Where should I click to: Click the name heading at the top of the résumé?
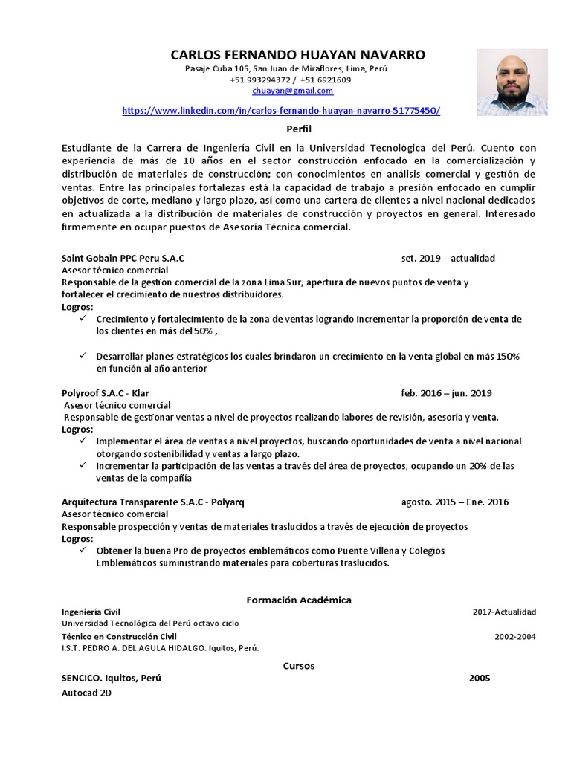(x=288, y=55)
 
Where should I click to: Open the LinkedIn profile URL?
(x=280, y=110)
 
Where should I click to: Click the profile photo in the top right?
(x=512, y=77)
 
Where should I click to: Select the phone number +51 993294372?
(x=262, y=80)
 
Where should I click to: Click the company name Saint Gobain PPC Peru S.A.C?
(x=123, y=258)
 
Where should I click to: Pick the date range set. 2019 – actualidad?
(x=448, y=258)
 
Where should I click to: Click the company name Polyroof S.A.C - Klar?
(x=111, y=393)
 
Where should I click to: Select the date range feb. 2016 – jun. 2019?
(x=446, y=393)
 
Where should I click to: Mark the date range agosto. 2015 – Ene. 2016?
(x=454, y=502)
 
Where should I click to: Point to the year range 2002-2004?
(x=514, y=637)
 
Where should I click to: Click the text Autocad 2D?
(x=86, y=693)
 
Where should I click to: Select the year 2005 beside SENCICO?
(x=480, y=679)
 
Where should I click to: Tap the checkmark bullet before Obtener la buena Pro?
(x=83, y=551)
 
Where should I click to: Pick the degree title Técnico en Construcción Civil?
(x=119, y=637)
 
